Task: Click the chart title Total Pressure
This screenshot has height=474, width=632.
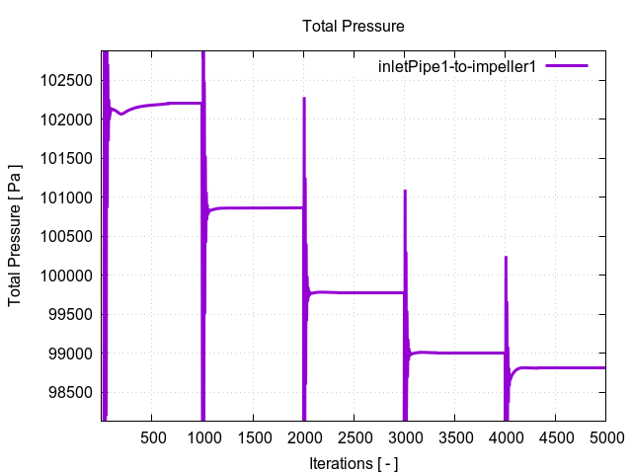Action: [354, 26]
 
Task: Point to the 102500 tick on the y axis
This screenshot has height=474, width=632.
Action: [67, 80]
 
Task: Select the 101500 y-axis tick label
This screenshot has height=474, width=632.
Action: [67, 158]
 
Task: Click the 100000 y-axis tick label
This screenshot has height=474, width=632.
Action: [67, 276]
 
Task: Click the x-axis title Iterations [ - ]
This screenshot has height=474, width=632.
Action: [354, 462]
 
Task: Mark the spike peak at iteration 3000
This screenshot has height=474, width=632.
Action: [405, 192]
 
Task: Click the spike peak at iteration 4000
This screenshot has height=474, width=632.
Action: [506, 258]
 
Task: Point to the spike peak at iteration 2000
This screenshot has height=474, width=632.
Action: [304, 98]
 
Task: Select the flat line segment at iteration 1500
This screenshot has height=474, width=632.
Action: [254, 207]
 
